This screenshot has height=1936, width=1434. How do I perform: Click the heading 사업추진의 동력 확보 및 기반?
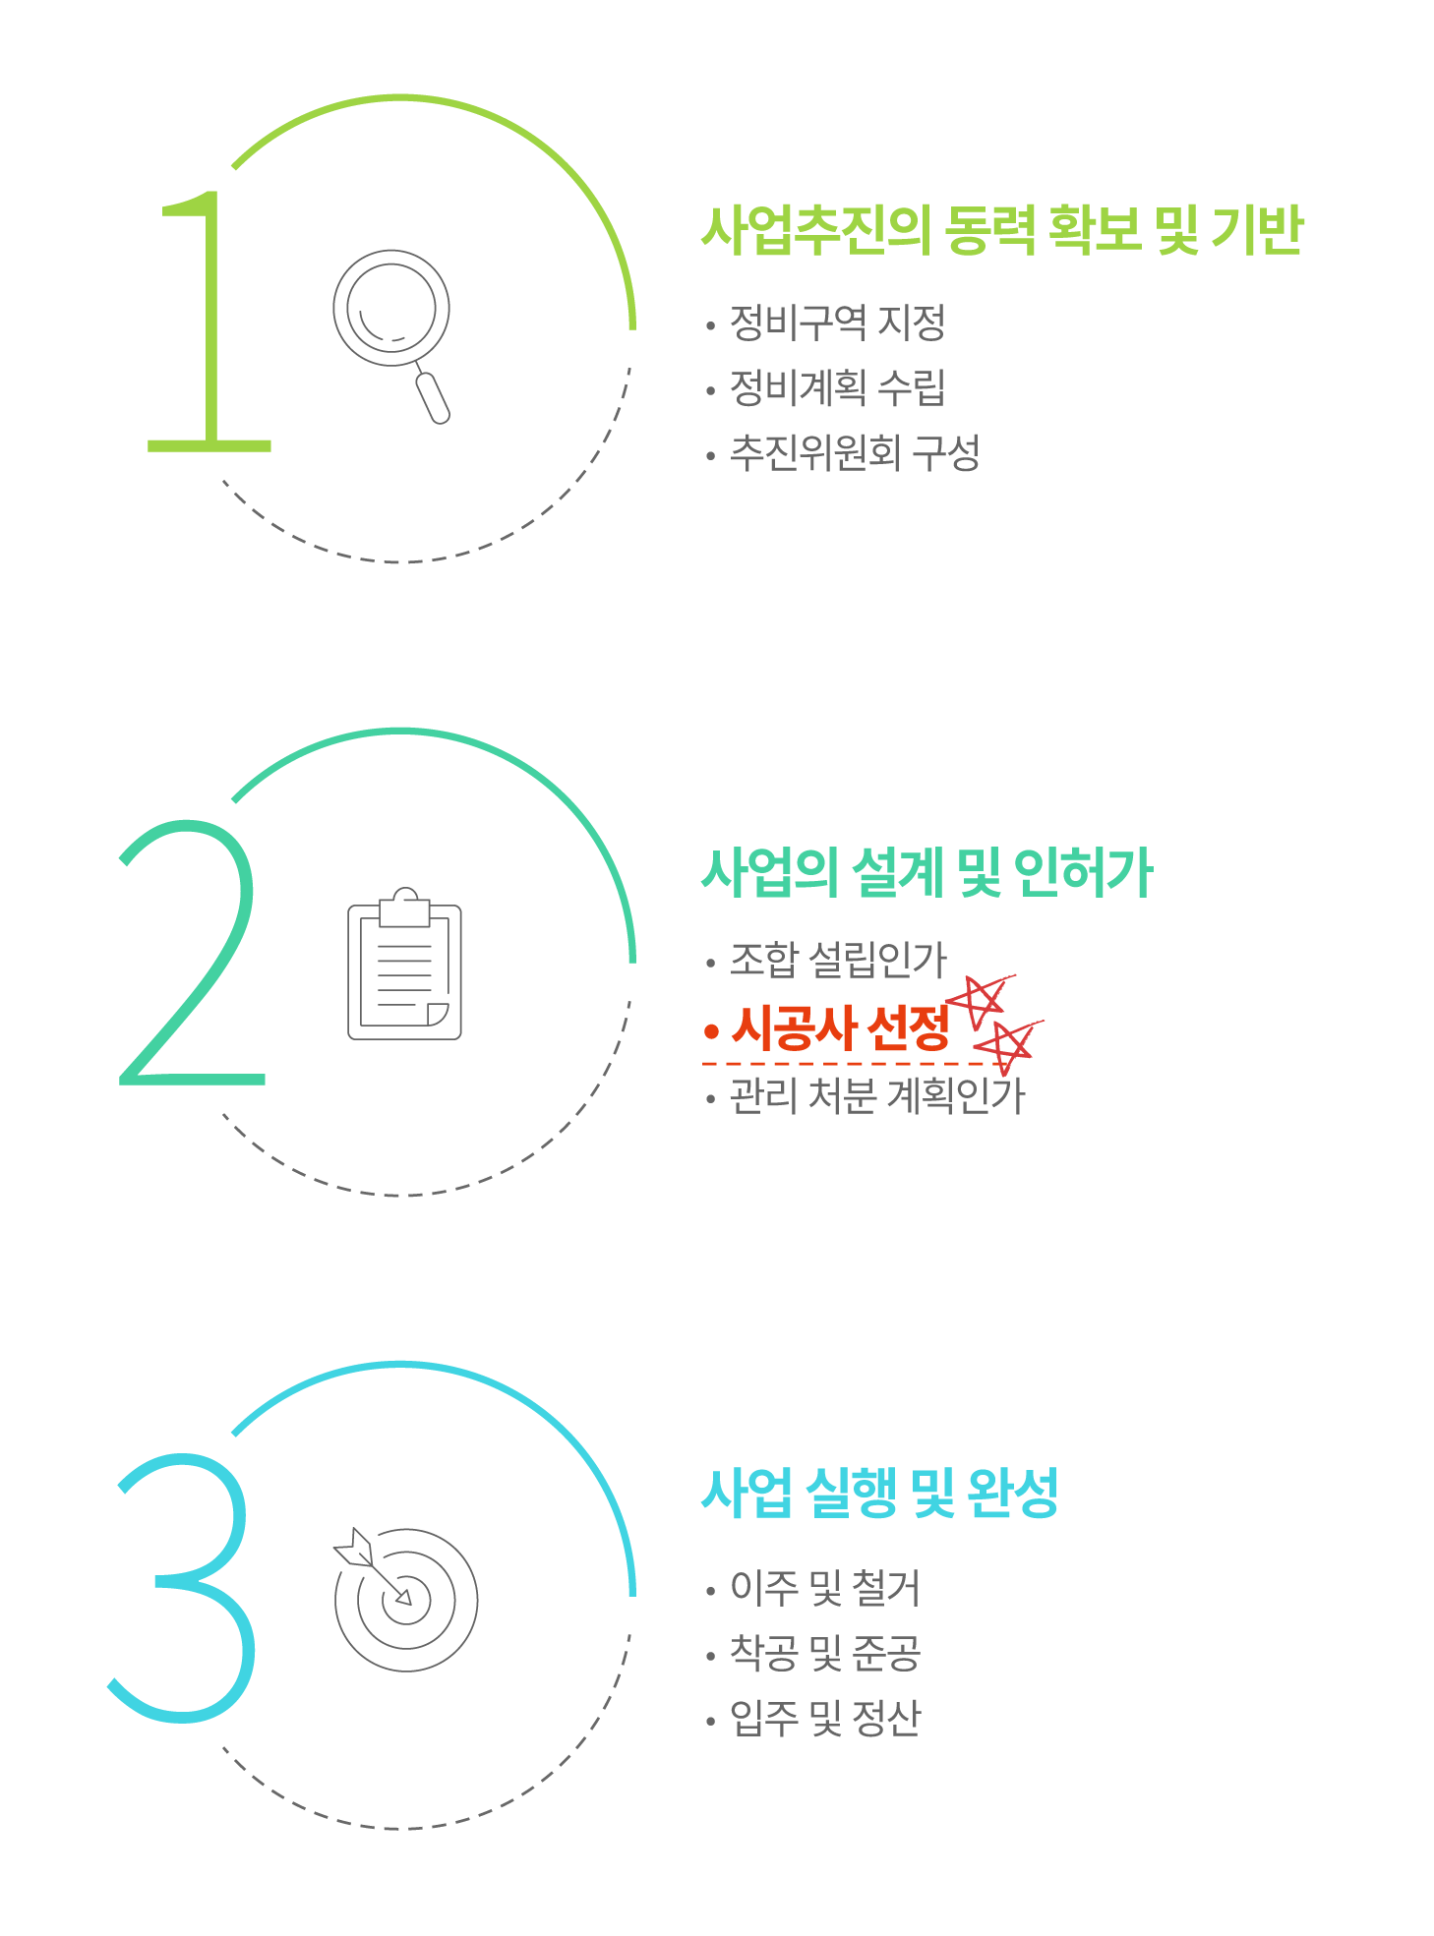(1001, 231)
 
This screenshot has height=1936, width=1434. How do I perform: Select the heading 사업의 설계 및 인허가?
(926, 873)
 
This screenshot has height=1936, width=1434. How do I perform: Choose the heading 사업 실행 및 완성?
(879, 1493)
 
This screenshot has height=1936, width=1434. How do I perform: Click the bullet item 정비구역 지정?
(837, 323)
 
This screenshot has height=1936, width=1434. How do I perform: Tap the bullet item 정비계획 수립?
(837, 387)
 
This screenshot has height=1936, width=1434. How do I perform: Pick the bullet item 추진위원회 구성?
(854, 452)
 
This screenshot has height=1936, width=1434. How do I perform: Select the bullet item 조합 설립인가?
(837, 960)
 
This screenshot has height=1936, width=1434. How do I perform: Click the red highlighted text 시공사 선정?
(841, 1028)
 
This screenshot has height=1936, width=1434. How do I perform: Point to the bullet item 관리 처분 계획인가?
(876, 1095)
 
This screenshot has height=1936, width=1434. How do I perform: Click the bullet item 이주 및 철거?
(824, 1588)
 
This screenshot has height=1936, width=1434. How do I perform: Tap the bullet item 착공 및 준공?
(824, 1653)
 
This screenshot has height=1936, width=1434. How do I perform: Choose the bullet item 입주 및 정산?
(824, 1718)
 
